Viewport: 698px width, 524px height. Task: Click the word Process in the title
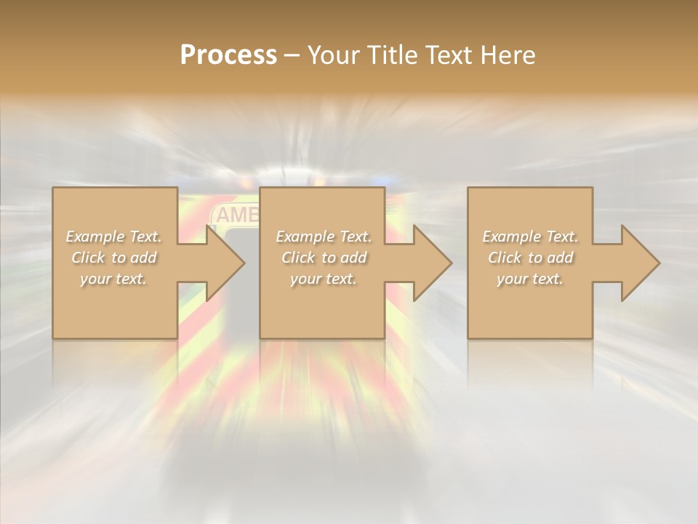[228, 55]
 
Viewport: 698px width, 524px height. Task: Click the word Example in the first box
[95, 237]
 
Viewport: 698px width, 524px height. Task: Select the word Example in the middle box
[305, 237]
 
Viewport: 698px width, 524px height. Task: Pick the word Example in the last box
[511, 237]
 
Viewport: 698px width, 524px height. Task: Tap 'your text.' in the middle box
[324, 279]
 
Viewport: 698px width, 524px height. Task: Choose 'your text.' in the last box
[530, 279]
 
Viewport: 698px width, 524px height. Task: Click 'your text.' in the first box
[113, 279]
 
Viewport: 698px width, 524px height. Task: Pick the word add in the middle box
[353, 258]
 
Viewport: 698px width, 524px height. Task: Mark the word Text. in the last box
[561, 237]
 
